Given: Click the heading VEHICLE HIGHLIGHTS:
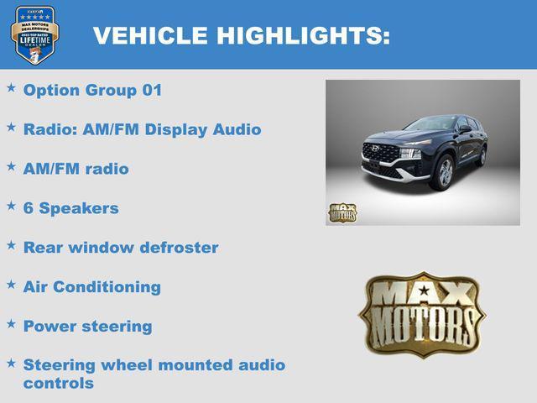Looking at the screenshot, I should coord(242,36).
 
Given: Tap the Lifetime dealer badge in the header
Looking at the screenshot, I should coord(34,34).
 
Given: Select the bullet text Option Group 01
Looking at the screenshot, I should coord(92,90).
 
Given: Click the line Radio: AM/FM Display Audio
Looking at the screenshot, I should coord(142,129).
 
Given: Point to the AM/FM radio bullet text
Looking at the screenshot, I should coord(76,169).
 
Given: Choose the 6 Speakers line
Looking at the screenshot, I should coord(70,207).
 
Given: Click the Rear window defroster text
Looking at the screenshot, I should coord(120,248).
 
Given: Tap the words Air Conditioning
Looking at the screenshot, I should coord(91,286).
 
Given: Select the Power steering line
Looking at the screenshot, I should coord(87,326).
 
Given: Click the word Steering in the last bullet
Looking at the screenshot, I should coord(60,365).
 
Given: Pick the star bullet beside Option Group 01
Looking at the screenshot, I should coord(11,87).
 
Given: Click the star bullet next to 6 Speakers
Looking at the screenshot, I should coord(11,205).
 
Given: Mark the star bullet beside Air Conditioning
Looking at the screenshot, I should coord(11,284).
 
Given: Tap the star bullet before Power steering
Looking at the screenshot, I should coord(11,323).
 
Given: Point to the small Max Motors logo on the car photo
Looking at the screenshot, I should coord(342,212).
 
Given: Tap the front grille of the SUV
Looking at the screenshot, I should coord(381,154).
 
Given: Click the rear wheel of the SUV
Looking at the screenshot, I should coord(482,155).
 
